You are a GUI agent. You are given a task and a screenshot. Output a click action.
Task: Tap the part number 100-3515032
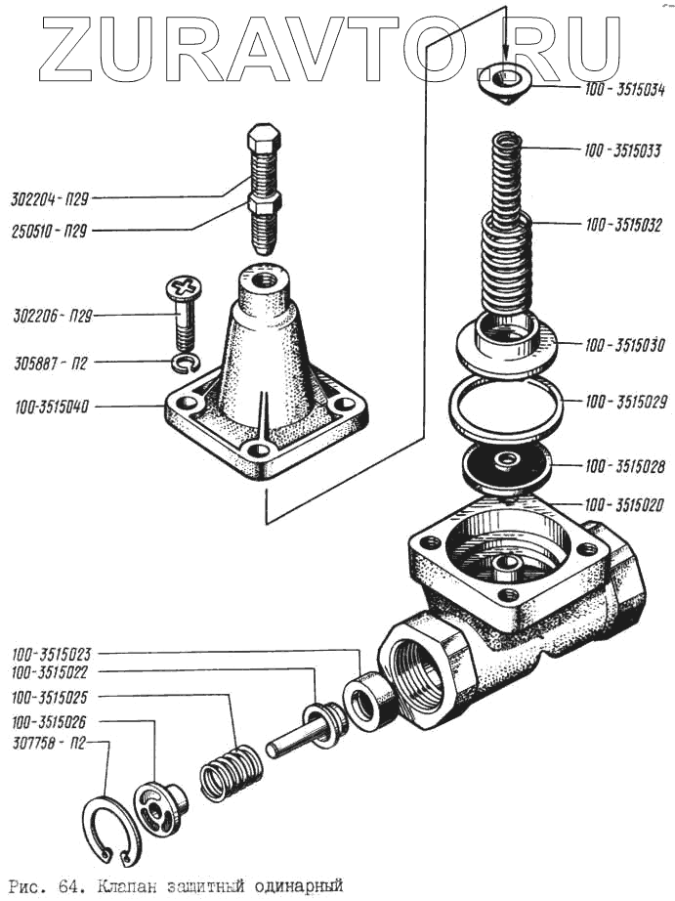click(623, 226)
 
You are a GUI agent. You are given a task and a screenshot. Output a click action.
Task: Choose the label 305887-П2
click(52, 364)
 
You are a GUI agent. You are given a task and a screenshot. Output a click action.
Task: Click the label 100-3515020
click(623, 505)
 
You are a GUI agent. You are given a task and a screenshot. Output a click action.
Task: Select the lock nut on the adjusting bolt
click(263, 205)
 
